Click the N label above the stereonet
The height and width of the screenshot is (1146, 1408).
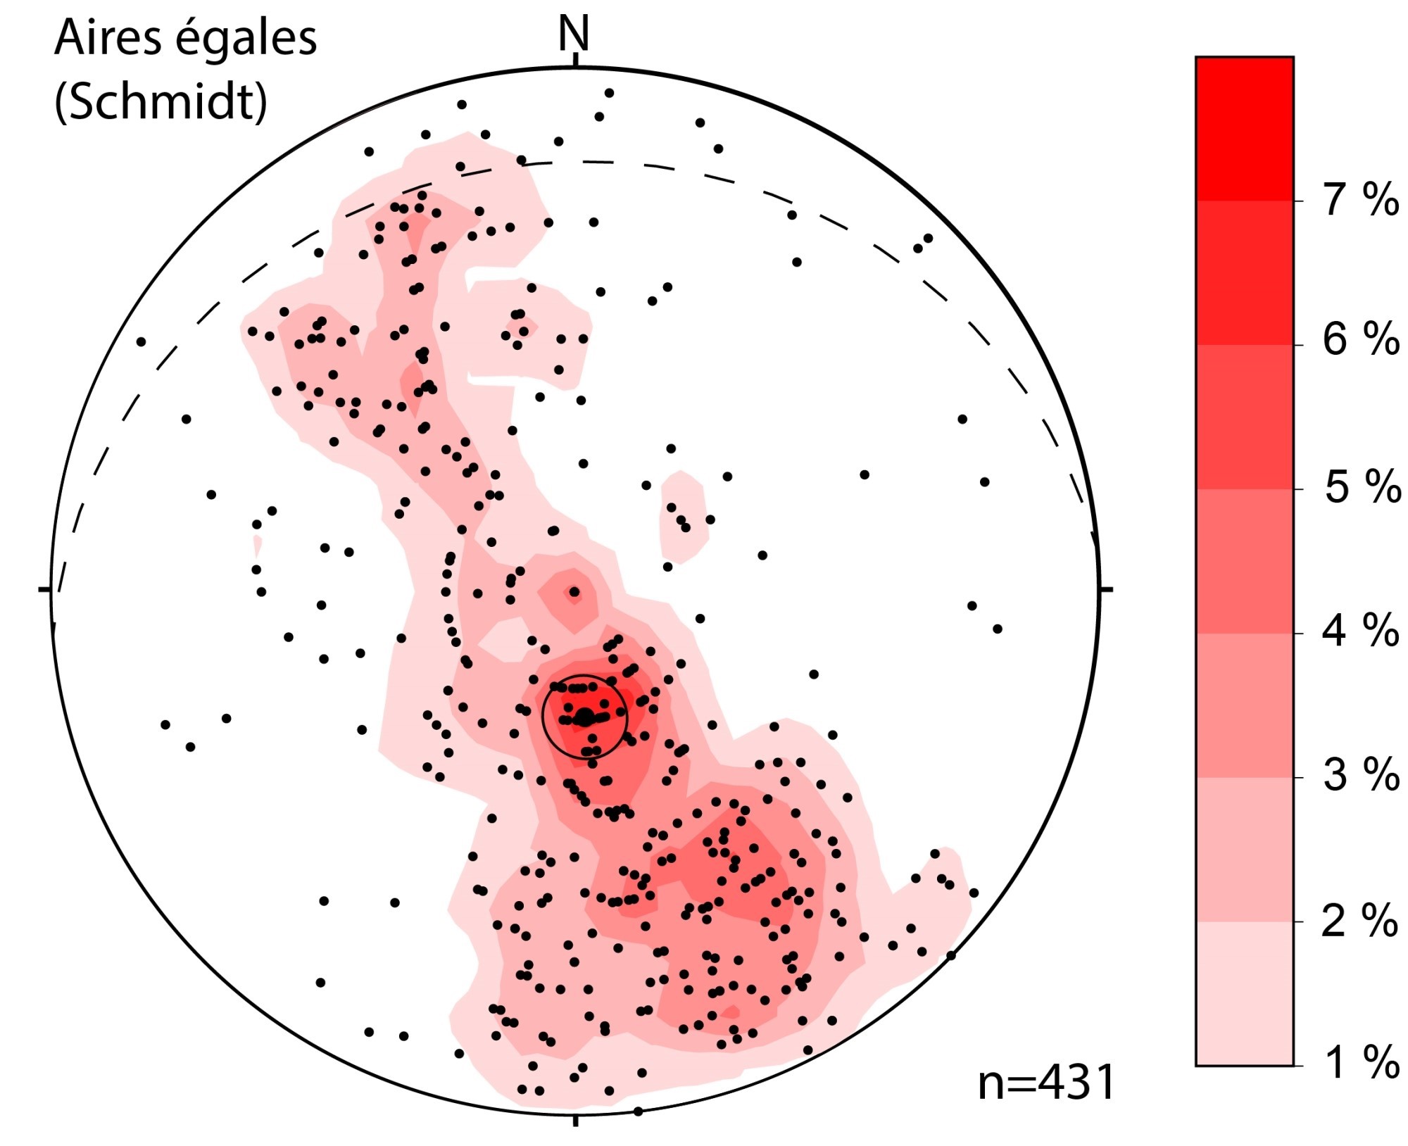coord(573,33)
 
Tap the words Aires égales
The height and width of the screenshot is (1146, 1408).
coord(186,38)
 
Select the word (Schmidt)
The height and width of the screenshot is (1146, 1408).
coord(161,101)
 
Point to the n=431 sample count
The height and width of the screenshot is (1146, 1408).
coord(1046,1083)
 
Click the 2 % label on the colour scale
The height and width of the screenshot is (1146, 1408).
coord(1359,920)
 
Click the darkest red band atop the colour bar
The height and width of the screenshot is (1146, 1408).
coord(1244,129)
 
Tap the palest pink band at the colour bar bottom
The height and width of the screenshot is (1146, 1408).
coord(1244,993)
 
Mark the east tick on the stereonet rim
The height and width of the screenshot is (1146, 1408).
coord(1105,588)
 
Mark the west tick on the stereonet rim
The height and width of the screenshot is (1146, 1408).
coord(44,588)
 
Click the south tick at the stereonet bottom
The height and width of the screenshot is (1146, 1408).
coord(576,1119)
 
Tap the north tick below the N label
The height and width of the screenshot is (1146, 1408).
coord(576,60)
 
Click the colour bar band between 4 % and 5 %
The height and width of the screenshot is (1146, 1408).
coord(1244,561)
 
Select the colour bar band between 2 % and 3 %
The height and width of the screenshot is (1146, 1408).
coord(1244,849)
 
